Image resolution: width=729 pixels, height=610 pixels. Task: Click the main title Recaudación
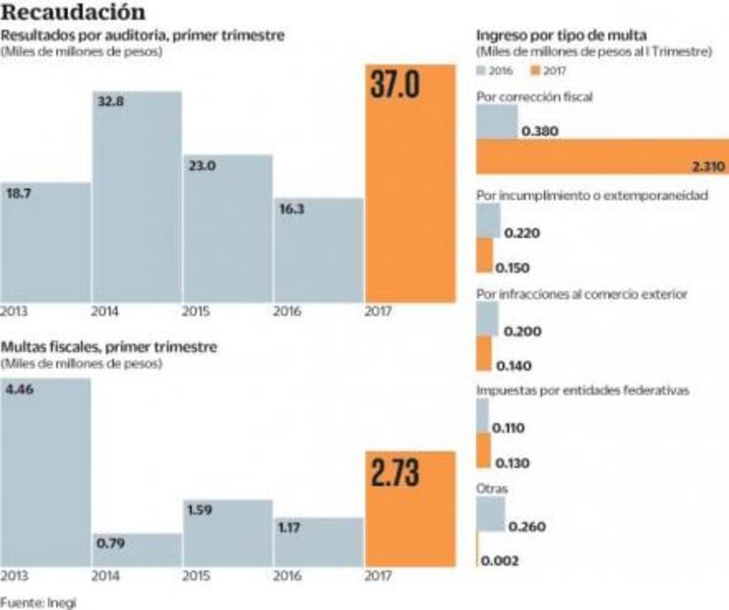pyautogui.click(x=75, y=13)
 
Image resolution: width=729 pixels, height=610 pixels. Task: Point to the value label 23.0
pyautogui.click(x=204, y=166)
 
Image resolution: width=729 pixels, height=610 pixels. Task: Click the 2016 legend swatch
pyautogui.click(x=481, y=71)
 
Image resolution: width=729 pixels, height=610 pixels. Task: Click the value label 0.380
pyautogui.click(x=540, y=130)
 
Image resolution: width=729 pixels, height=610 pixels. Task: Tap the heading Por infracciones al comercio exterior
pyautogui.click(x=580, y=293)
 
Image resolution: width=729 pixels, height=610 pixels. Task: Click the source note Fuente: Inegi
pyautogui.click(x=37, y=600)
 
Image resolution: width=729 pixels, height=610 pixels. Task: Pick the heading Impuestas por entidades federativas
pyautogui.click(x=581, y=390)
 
